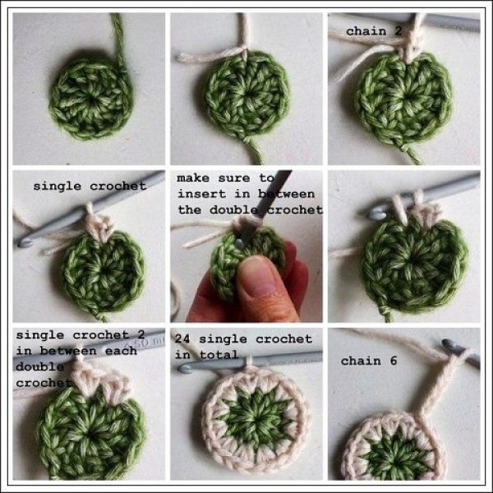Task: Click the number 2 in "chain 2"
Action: pyautogui.click(x=398, y=31)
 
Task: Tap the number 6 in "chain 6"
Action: pyautogui.click(x=394, y=361)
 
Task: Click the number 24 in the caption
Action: pyautogui.click(x=182, y=339)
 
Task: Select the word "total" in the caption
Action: pyautogui.click(x=219, y=355)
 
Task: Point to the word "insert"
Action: pyautogui.click(x=202, y=194)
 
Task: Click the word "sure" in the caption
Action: pyautogui.click(x=234, y=178)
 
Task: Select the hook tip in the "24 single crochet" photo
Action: pyautogui.click(x=185, y=368)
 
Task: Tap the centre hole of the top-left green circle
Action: pyautogui.click(x=91, y=100)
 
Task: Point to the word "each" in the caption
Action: pyautogui.click(x=121, y=351)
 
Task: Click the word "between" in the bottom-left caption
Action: pyautogui.click(x=68, y=351)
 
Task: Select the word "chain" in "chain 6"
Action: pyautogui.click(x=361, y=361)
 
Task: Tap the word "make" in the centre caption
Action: pyautogui.click(x=193, y=178)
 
